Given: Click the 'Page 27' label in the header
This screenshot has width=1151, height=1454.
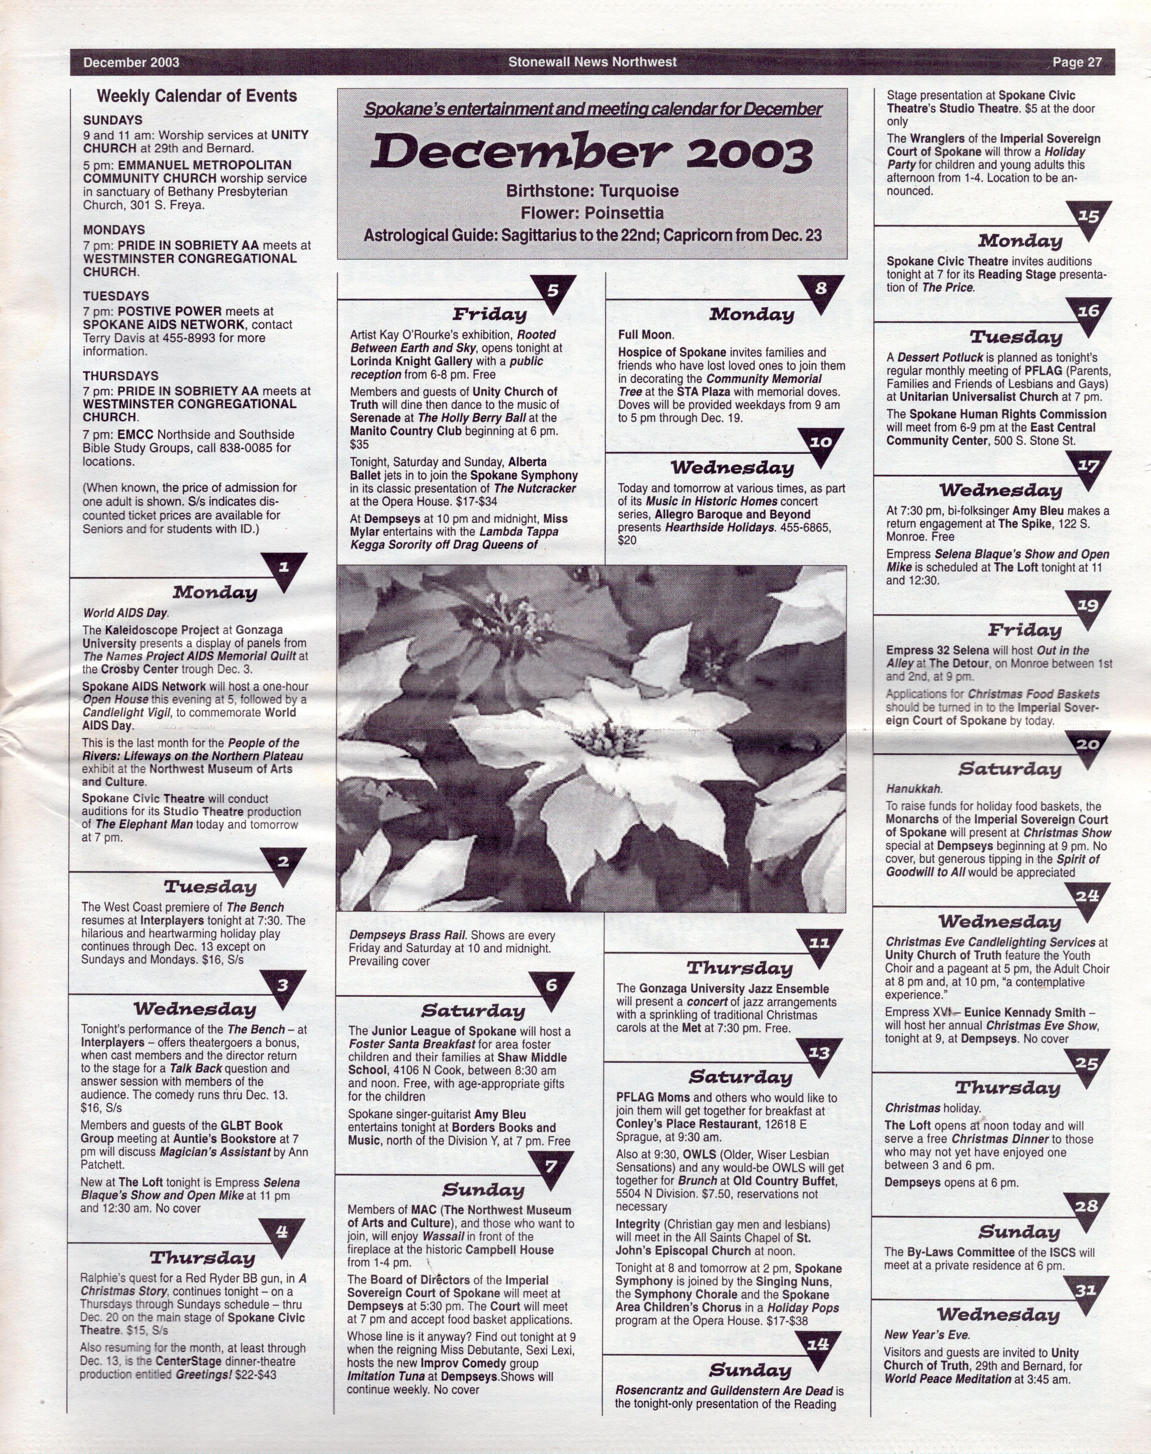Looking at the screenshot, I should tap(1077, 63).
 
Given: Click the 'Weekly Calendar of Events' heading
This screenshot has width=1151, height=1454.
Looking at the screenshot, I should tap(197, 96).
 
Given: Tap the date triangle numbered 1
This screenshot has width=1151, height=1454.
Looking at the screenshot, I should tap(284, 568).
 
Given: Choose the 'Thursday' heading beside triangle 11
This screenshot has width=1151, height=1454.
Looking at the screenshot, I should tap(739, 969).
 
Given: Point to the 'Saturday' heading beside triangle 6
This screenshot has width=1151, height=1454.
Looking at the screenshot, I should tap(472, 1010).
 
